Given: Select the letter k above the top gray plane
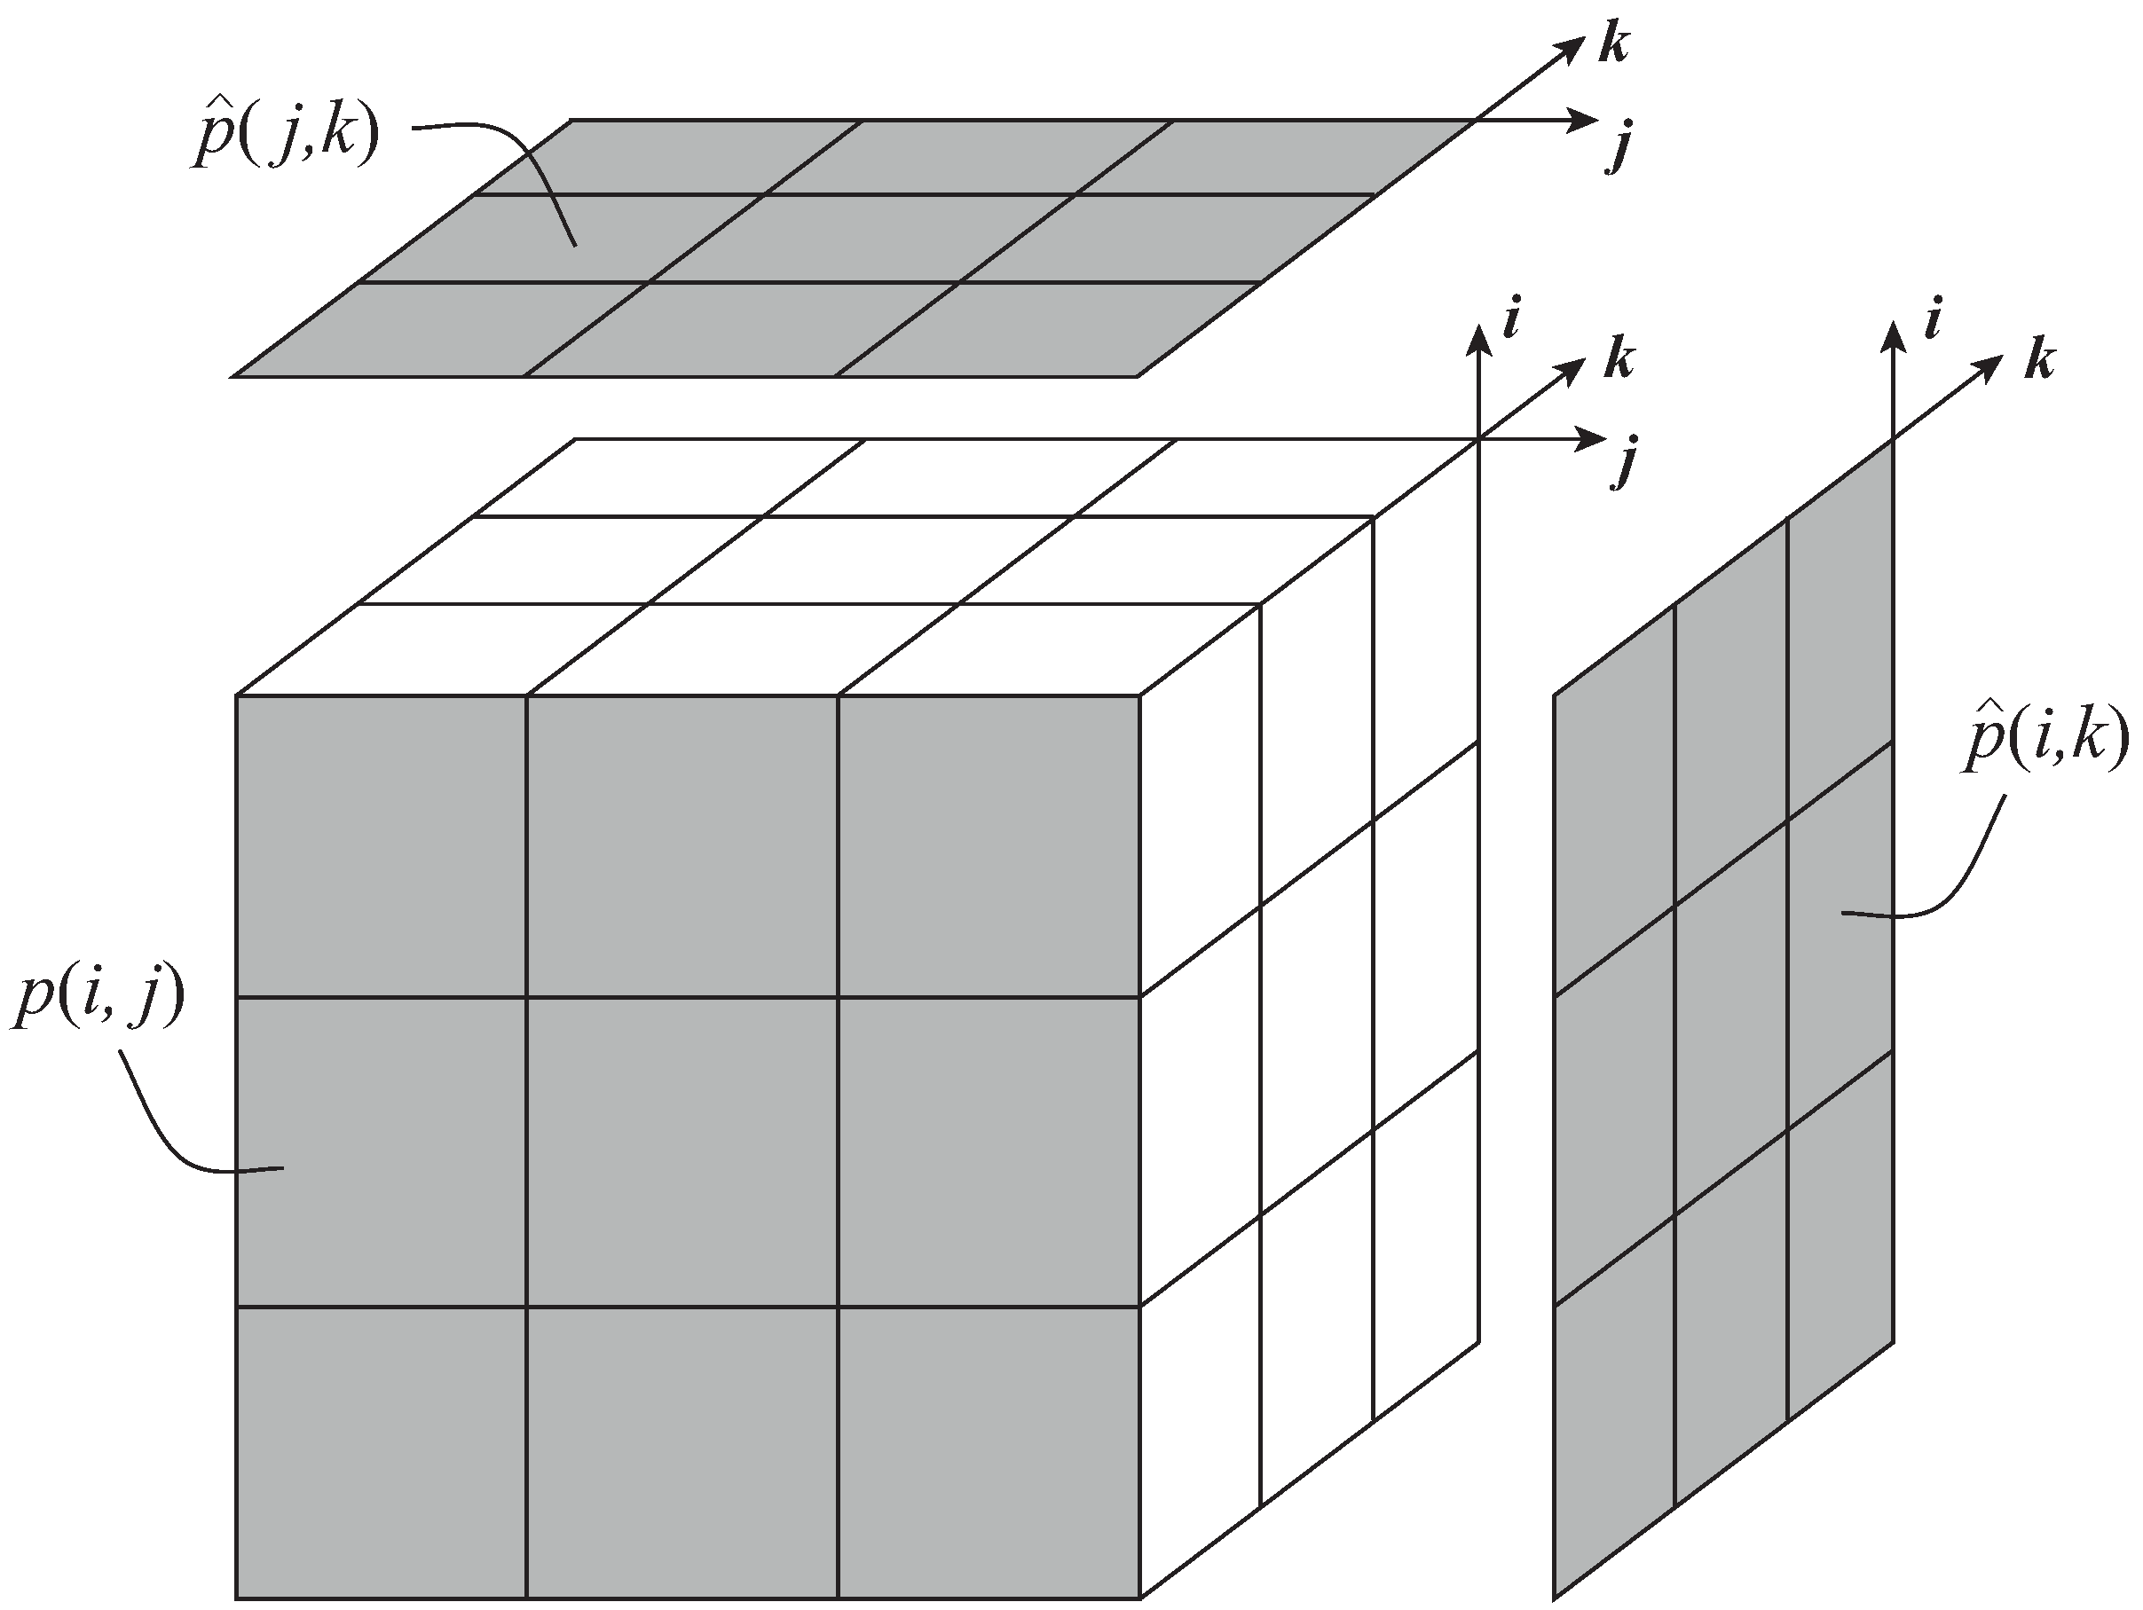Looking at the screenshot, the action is click(1612, 43).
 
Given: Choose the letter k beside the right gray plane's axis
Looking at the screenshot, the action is click(2038, 360).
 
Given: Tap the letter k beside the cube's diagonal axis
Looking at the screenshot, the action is click(1618, 359).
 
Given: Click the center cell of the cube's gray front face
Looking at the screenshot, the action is click(682, 1151).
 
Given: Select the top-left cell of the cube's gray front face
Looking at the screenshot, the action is click(382, 845).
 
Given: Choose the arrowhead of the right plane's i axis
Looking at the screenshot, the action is click(1892, 336).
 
